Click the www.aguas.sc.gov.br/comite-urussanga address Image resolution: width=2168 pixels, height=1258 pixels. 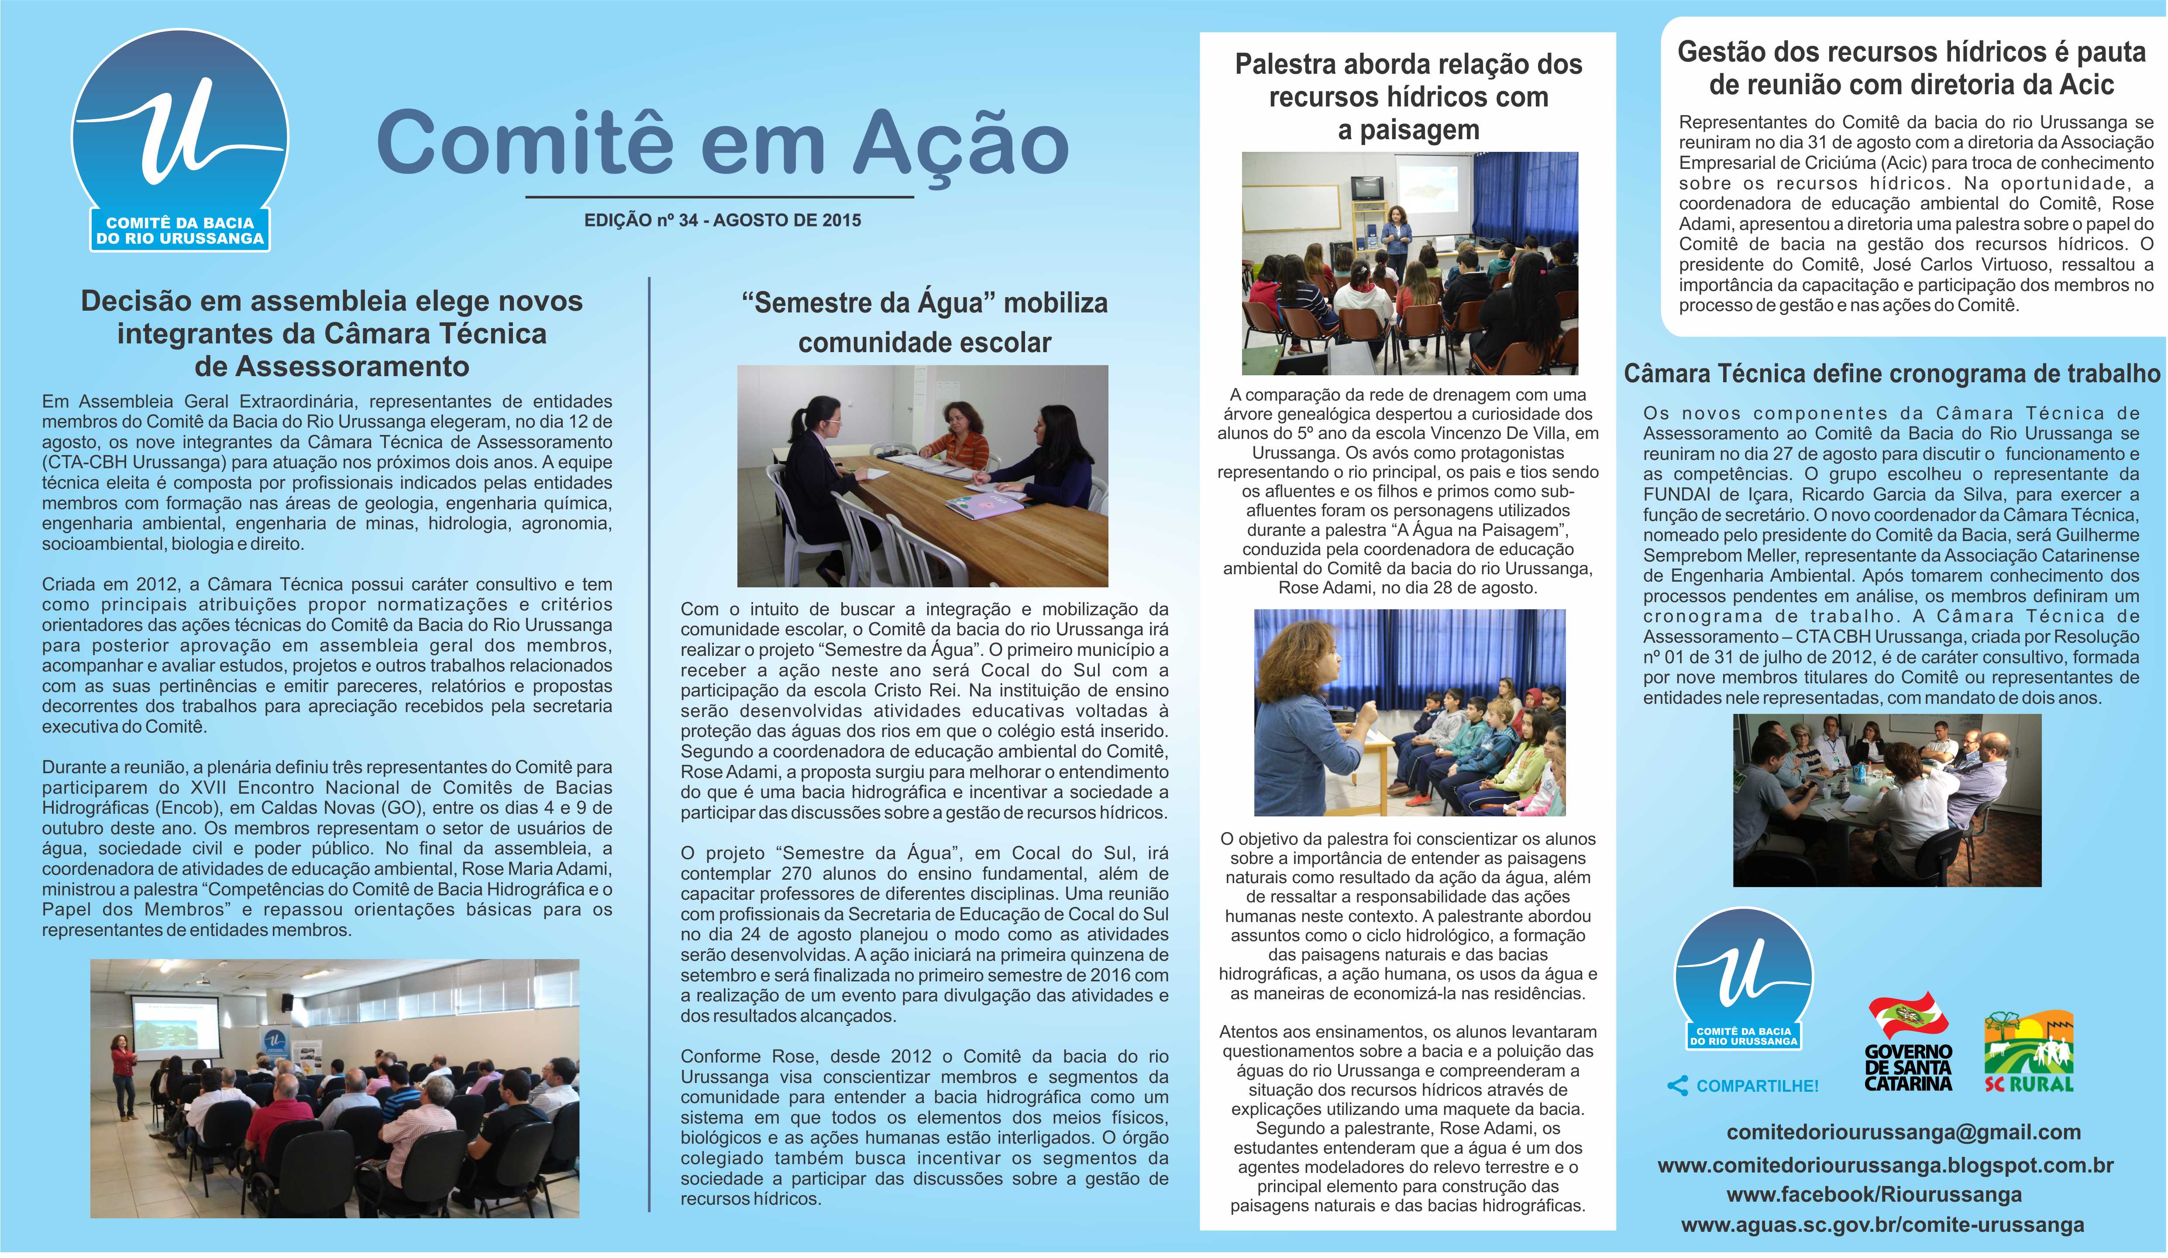[x=1882, y=1224]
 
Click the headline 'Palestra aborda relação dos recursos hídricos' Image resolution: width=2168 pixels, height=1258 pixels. [x=1408, y=96]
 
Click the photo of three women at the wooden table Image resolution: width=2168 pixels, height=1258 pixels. [x=922, y=476]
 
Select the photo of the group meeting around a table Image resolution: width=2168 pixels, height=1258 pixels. [x=1887, y=800]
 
